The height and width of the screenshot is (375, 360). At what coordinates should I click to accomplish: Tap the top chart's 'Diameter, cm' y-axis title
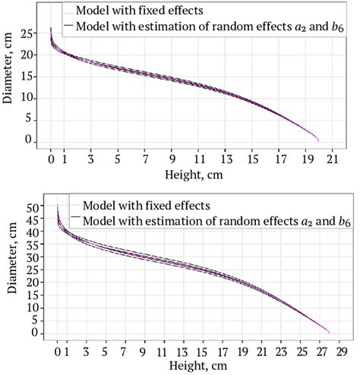coord(8,77)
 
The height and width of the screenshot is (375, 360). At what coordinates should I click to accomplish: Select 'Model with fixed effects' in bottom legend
coord(147,206)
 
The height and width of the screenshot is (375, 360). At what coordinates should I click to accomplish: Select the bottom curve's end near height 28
coord(329,332)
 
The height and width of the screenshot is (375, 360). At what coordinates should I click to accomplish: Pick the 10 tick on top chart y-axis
coord(28,98)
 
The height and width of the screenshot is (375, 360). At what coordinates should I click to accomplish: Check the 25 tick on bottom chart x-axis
coord(302,351)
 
